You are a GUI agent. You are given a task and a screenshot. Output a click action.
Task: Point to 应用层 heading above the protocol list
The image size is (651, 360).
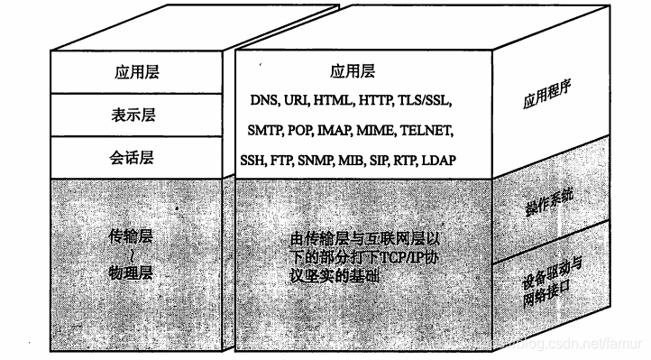pos(353,71)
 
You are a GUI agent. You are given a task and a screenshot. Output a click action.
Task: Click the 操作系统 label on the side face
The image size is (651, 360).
pos(547,200)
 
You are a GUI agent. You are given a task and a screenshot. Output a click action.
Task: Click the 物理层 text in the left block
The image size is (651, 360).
pos(133,270)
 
